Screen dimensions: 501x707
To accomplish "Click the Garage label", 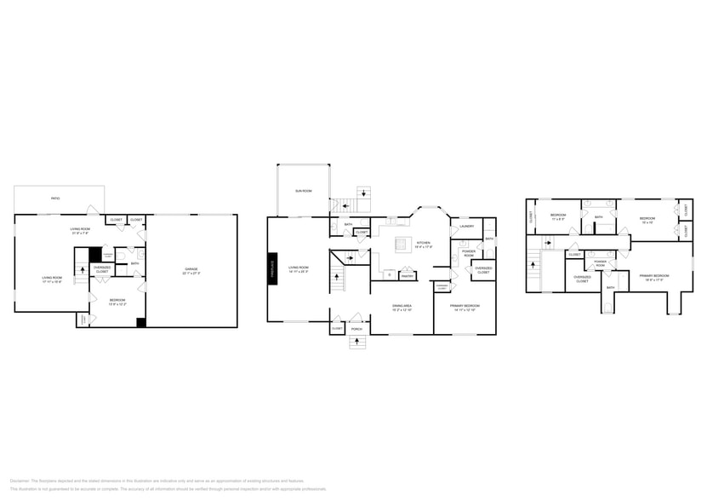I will (192, 271).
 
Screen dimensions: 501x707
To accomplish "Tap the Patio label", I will (55, 199).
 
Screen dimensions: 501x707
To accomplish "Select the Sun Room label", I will (304, 191).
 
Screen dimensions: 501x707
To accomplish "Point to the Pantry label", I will (407, 275).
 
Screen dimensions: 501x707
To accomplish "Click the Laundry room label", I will (466, 226).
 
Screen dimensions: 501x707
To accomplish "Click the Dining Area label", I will (402, 307).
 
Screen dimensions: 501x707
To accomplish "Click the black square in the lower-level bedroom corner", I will (141, 322).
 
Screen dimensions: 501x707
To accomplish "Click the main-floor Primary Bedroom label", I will (466, 307).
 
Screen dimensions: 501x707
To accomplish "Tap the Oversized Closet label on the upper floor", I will (582, 279).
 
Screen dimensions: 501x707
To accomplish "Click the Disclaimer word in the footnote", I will (20, 480).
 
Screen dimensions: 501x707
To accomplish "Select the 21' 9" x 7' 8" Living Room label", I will (81, 231).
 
